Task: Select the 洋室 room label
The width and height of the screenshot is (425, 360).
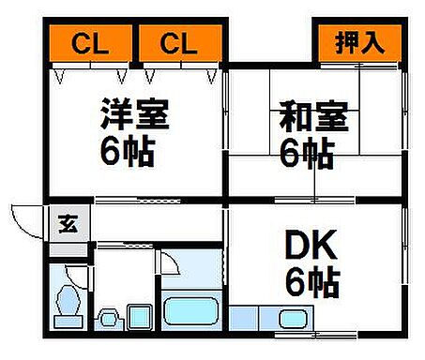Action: coord(135,116)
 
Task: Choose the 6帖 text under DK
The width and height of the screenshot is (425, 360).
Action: coord(313,280)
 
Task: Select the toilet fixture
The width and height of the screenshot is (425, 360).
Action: coord(68,302)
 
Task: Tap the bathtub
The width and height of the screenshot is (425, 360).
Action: coord(191,310)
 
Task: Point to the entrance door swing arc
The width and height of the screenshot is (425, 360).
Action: coord(26,217)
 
